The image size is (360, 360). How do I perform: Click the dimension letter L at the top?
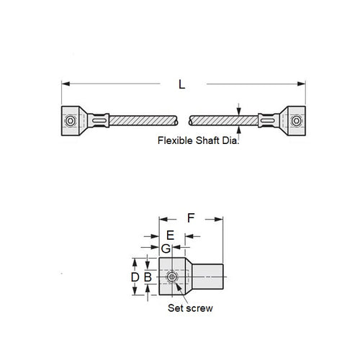click(x=182, y=85)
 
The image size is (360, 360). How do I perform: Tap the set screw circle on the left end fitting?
click(x=69, y=121)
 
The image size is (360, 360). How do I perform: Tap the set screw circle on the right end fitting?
click(x=295, y=121)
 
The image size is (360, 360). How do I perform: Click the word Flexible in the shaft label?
click(x=174, y=141)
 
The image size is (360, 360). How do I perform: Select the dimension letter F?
click(x=191, y=216)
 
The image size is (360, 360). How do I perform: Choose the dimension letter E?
click(x=170, y=235)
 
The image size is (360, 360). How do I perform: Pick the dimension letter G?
click(x=165, y=248)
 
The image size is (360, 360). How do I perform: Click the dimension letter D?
click(x=135, y=277)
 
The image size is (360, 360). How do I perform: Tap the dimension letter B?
click(x=148, y=277)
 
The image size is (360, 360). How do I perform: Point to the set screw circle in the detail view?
click(x=173, y=277)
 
